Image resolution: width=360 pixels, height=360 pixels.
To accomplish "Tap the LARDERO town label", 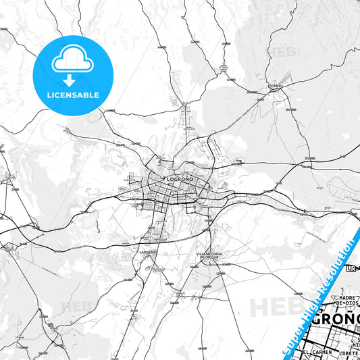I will coord(148,252).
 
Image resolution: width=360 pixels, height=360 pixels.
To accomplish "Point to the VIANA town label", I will coord(274,87).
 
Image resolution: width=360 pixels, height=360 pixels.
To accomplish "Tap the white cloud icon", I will coord(72,61).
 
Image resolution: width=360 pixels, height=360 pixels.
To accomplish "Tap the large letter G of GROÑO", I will coord(315,319).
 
